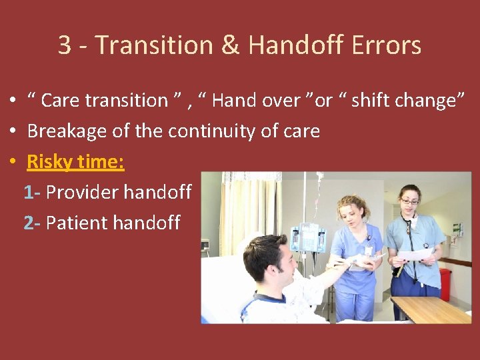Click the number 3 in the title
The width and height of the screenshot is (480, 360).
pos(65,45)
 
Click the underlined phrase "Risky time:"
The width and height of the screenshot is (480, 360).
pos(75,161)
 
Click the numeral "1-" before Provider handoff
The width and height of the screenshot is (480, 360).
pos(32,192)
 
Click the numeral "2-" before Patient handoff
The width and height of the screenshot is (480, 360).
pos(32,223)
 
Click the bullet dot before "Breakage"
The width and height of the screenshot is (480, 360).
pos(13,131)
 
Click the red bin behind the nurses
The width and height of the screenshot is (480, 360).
pos(445,284)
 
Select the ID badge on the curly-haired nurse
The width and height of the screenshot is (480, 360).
pos(369,251)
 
